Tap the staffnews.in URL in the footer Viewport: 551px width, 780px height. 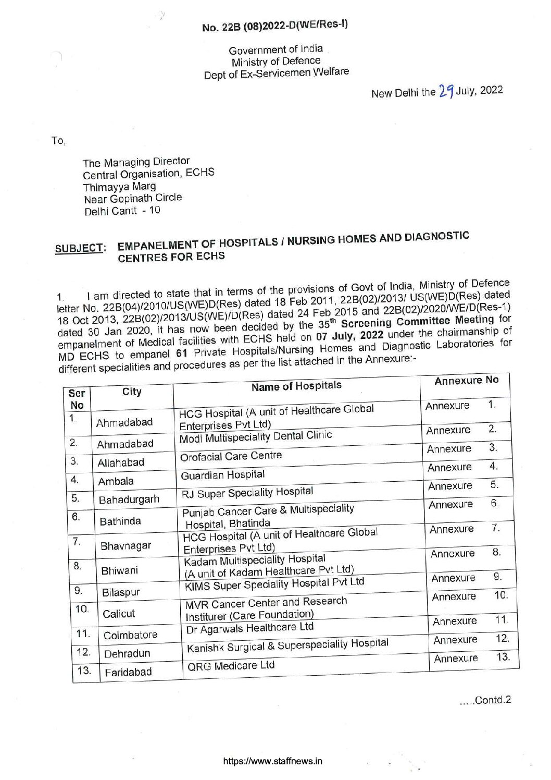pos(272,761)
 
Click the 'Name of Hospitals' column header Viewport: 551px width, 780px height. pos(296,386)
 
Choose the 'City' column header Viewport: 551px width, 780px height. pos(132,392)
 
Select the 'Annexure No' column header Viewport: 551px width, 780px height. pos(466,380)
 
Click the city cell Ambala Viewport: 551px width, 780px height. pos(116,481)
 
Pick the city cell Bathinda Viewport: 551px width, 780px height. pos(120,521)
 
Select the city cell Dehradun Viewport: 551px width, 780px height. pos(127,653)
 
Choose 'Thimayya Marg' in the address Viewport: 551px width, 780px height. pos(120,186)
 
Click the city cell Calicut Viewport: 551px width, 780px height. pos(119,614)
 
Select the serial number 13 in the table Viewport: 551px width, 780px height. pos(83,671)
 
